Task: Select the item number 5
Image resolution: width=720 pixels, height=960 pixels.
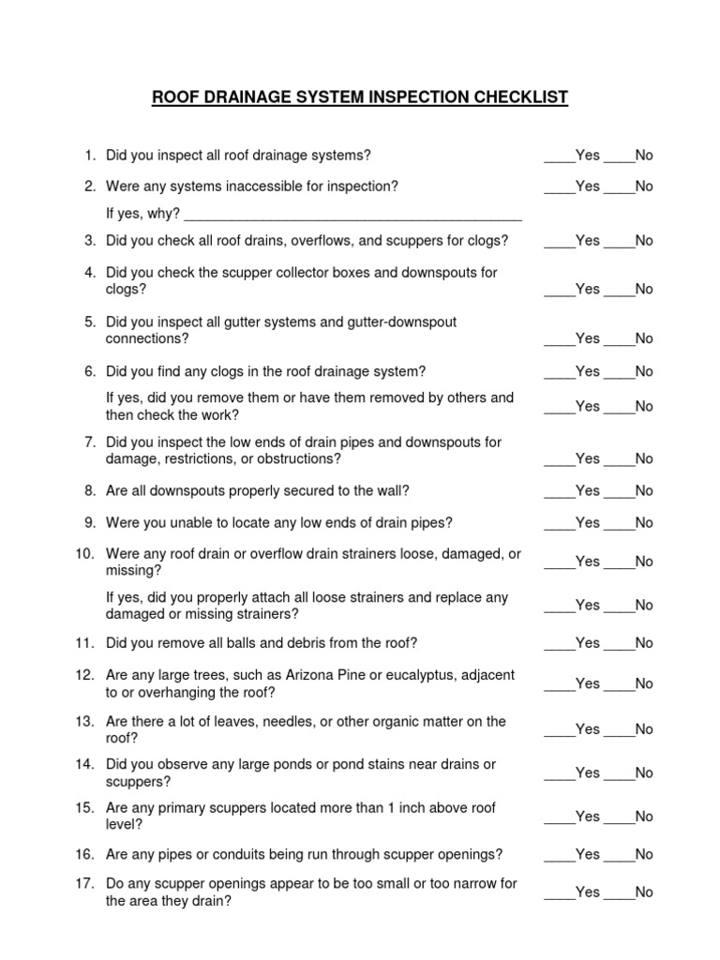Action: click(x=90, y=322)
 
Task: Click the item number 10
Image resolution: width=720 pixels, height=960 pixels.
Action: click(x=86, y=554)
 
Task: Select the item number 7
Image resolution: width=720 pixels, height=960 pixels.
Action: click(x=90, y=442)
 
